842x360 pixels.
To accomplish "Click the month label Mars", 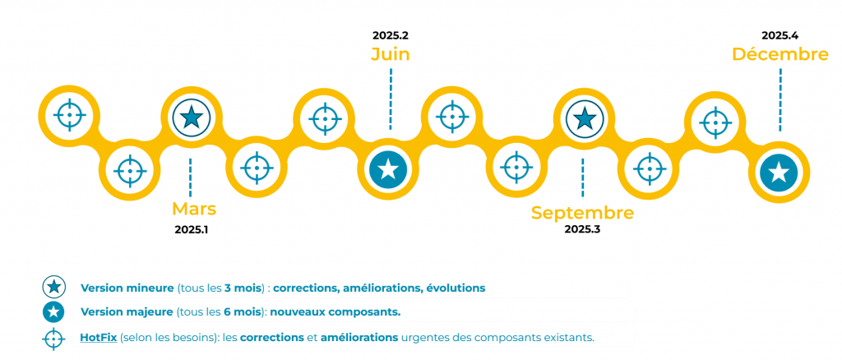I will [194, 209].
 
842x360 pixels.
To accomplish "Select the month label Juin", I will [390, 54].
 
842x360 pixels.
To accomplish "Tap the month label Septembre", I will [582, 213].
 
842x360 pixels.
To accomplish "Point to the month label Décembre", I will [780, 54].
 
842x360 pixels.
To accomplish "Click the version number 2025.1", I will [191, 230].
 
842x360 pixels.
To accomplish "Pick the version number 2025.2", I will [390, 35].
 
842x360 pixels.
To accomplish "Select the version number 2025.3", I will [582, 229].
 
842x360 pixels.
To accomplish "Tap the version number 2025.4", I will [780, 35].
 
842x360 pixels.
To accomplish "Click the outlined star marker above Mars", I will [191, 118].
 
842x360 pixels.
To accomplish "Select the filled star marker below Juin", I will [389, 169].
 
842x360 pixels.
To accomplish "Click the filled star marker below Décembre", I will [778, 172].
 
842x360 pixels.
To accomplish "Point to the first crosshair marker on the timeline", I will [69, 115].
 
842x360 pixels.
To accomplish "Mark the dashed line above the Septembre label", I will [582, 177].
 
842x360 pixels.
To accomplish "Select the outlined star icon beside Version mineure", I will [54, 288].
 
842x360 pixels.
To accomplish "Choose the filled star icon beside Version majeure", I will [54, 312].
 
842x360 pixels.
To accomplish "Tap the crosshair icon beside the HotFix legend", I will [54, 338].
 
